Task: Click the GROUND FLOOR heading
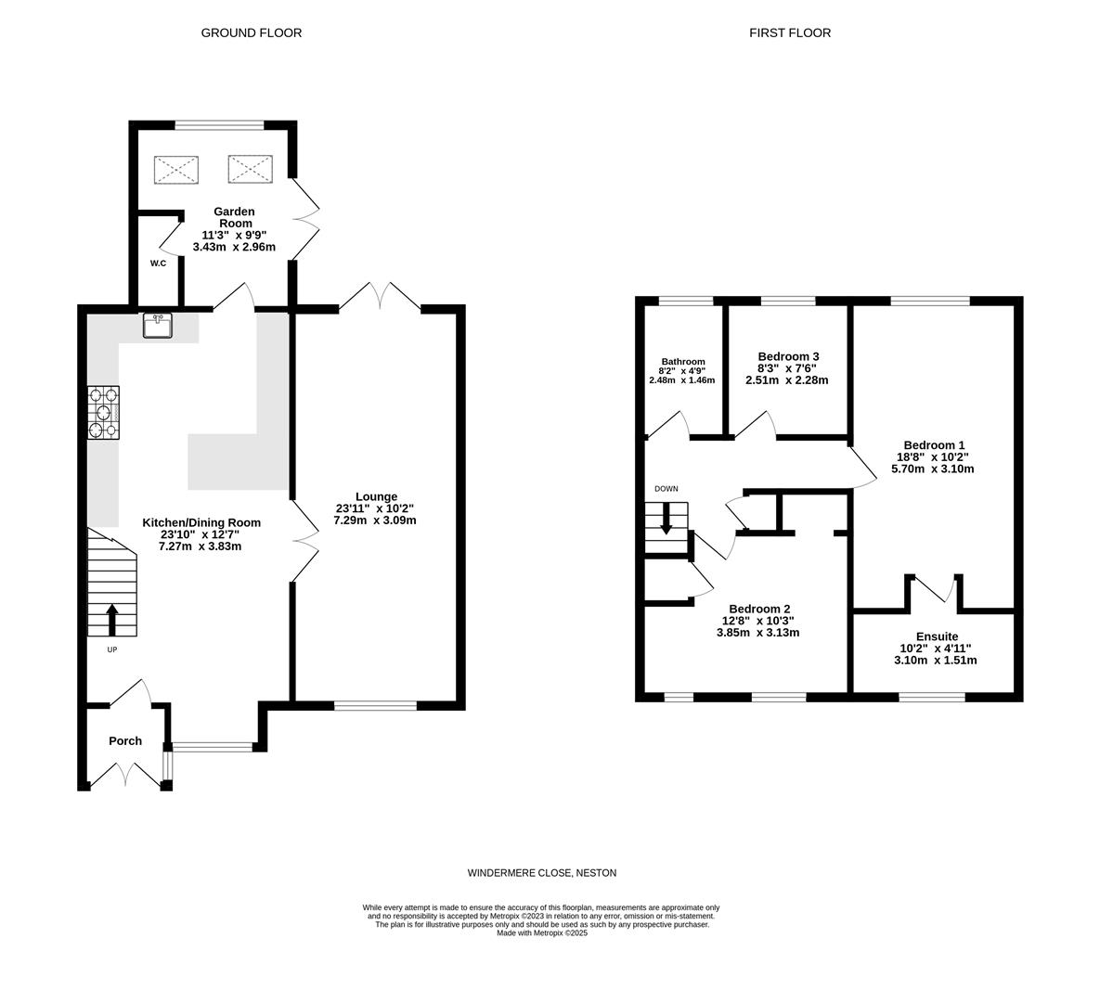(252, 32)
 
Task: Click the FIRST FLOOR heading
(790, 32)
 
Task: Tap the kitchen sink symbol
(158, 326)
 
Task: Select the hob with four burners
(104, 412)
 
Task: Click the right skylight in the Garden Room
(249, 169)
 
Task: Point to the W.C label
(158, 263)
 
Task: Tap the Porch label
(125, 740)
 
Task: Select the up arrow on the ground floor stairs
(112, 619)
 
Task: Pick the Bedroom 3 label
(788, 356)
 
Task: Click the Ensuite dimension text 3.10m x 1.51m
(935, 661)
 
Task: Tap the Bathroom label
(682, 362)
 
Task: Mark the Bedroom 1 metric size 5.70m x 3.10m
(935, 469)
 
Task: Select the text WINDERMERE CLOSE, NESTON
(541, 873)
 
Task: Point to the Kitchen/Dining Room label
(201, 522)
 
